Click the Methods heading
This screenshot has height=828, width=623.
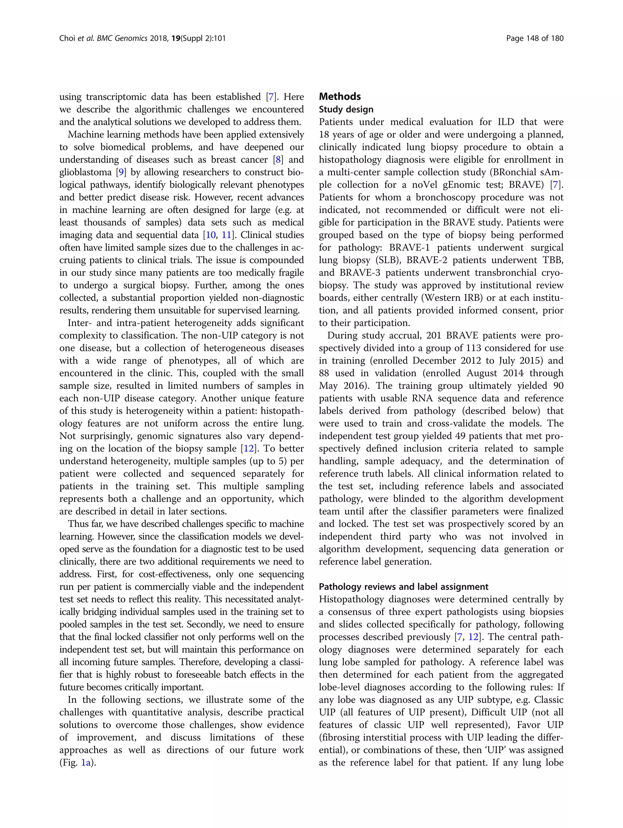tap(339, 96)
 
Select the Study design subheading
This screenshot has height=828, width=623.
tap(346, 109)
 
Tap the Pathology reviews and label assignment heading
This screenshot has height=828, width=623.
tap(403, 587)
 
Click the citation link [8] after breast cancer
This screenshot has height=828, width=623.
tap(278, 160)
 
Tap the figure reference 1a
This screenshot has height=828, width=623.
tap(86, 763)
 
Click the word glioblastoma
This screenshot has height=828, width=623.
tap(85, 172)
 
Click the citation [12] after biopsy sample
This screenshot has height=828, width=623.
tap(249, 449)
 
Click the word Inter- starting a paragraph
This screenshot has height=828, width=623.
tap(80, 323)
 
